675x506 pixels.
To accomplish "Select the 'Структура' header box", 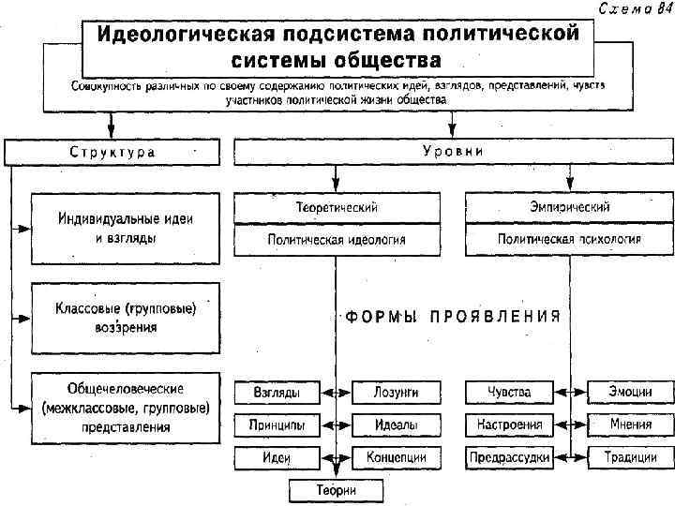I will point(112,151).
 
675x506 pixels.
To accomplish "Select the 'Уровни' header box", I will point(453,151).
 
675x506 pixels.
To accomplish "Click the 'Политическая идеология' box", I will point(337,240).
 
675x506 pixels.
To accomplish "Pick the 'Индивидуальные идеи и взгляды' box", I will point(125,228).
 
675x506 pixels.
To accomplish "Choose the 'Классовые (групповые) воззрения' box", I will point(125,317).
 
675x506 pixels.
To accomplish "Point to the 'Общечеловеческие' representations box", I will point(125,407).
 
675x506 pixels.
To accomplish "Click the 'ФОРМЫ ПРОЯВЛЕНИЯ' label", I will point(453,317).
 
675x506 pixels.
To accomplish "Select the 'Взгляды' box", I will point(277,392).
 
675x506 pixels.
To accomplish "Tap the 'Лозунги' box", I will point(396,392).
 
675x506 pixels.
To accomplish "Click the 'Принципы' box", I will point(277,424).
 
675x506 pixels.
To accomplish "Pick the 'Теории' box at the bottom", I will point(337,490).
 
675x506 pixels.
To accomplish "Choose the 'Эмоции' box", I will point(631,392).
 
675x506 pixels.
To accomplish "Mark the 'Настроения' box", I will point(509,424).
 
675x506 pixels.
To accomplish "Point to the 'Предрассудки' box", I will point(509,458).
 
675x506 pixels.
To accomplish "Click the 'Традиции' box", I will point(631,458).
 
